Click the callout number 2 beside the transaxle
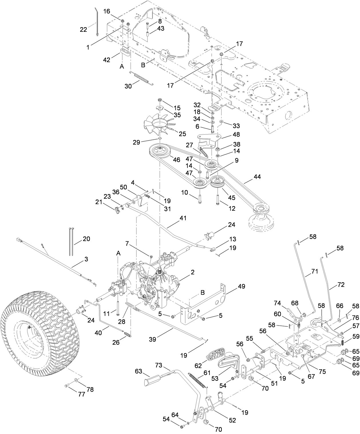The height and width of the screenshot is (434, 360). pos(193,272)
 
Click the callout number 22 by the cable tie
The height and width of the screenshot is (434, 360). pos(83,29)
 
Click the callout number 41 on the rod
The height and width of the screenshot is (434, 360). pos(183,218)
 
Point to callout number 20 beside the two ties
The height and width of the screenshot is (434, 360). pos(86,238)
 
